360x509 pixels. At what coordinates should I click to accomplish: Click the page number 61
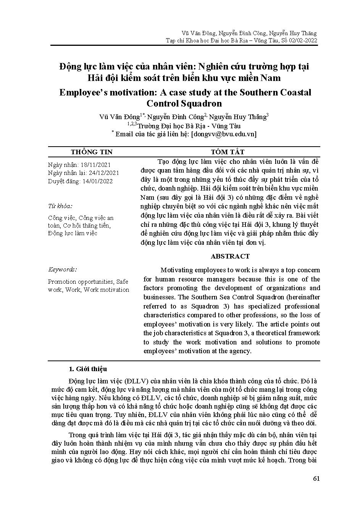316,479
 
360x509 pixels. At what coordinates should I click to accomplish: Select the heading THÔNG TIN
92,152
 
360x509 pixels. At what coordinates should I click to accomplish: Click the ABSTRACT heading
230,256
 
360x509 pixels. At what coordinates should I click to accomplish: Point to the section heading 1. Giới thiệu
88,369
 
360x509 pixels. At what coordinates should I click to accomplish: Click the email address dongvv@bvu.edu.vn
223,134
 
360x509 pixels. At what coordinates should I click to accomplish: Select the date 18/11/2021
96,165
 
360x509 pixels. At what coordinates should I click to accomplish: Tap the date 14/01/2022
97,181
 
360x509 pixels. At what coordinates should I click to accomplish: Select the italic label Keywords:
62,270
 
